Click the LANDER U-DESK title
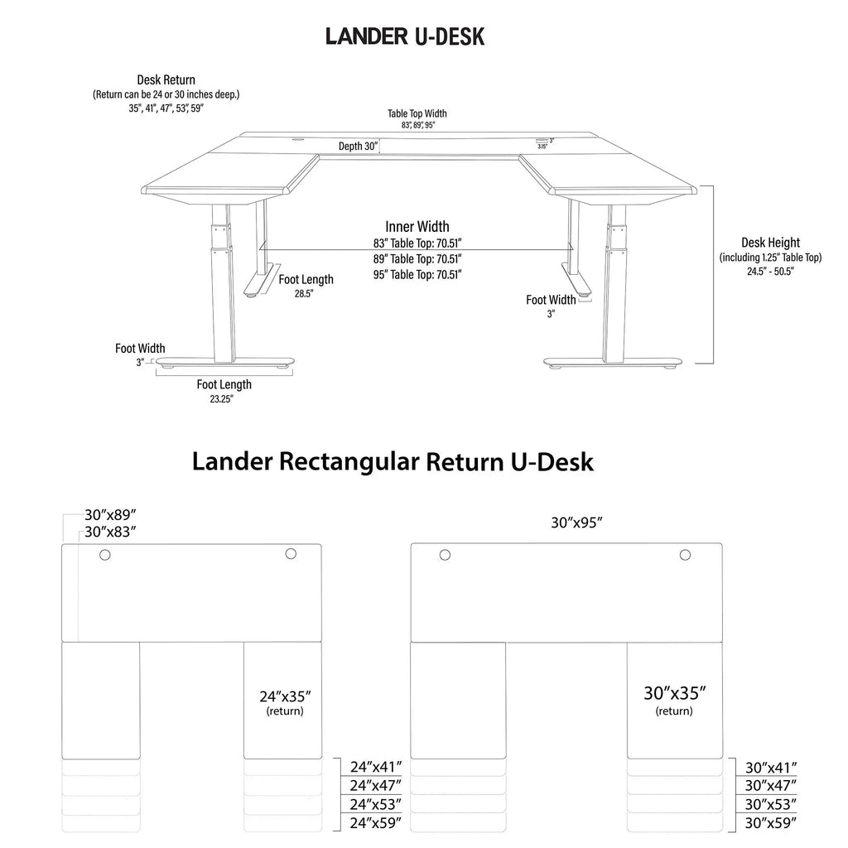tap(404, 36)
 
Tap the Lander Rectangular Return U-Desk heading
tap(393, 461)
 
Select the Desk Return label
tap(166, 80)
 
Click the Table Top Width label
tap(417, 113)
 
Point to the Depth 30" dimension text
tap(358, 147)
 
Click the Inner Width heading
tap(417, 226)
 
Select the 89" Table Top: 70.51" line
tap(417, 258)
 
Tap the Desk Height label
tap(770, 243)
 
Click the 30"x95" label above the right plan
tap(576, 523)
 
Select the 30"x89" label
tap(110, 514)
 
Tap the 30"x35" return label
tap(674, 693)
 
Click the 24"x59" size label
tap(376, 822)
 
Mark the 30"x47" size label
tap(771, 785)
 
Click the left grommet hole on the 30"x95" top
tap(445, 555)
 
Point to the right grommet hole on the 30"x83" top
tap(291, 554)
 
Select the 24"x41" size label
tap(376, 767)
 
